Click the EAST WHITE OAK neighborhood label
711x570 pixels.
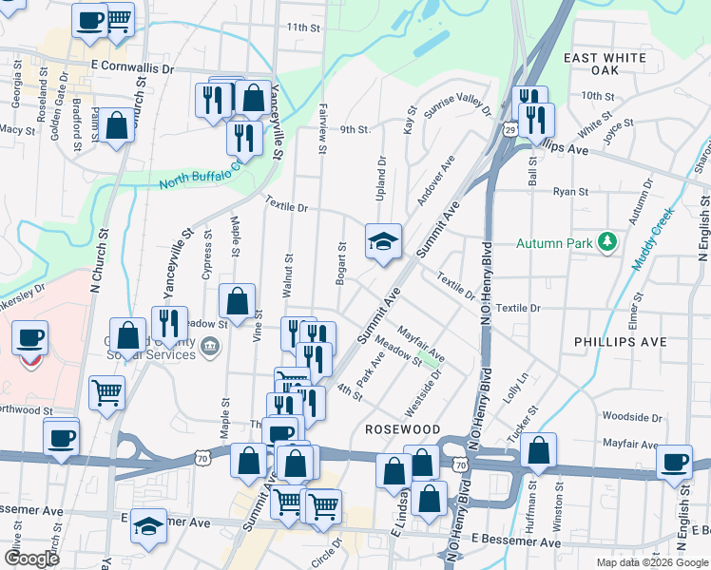[x=605, y=64]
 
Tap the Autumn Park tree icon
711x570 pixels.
[x=607, y=243]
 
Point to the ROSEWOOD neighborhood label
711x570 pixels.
[x=403, y=429]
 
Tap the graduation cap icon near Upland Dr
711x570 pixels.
[x=383, y=242]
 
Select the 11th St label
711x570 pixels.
[x=305, y=28]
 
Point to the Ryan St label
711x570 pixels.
[x=570, y=191]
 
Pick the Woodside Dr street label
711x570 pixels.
[x=631, y=417]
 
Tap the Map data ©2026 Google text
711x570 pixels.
[x=652, y=561]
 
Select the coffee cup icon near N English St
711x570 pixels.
[x=675, y=462]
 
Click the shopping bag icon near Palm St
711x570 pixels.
[x=117, y=127]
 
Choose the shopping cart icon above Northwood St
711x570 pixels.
[x=106, y=391]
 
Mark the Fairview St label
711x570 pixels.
[x=323, y=130]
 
